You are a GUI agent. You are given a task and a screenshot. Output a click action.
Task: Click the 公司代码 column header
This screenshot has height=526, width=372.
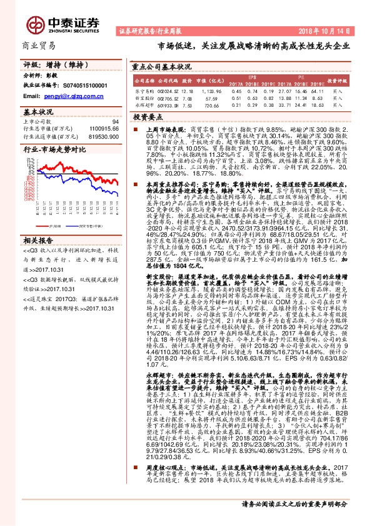169,81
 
